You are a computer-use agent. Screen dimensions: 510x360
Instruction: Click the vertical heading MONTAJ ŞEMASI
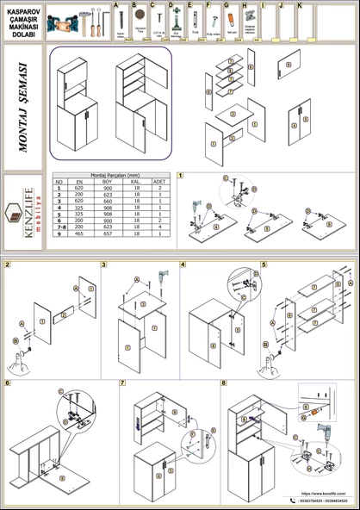coord(22,107)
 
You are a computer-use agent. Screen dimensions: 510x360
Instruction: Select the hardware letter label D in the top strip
coord(171,5)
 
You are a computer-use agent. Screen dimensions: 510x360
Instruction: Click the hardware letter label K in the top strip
coord(299,5)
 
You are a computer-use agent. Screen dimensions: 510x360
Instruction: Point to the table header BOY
coord(107,183)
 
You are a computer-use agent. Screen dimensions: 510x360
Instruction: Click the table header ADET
coord(159,183)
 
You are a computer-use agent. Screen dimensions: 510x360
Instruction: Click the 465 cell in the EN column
coord(79,233)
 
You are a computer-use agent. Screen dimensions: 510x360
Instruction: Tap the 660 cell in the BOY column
coord(107,201)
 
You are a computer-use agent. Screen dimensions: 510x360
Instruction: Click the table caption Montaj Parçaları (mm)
coord(108,176)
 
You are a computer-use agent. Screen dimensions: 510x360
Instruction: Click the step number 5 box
coord(264,264)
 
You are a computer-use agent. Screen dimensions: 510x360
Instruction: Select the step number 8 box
coord(224,382)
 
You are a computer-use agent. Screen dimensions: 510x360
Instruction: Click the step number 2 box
coord(8,264)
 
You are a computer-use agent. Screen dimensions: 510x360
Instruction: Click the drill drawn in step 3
coord(159,278)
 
